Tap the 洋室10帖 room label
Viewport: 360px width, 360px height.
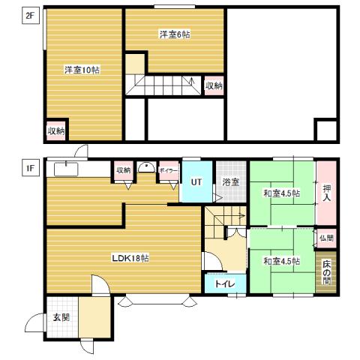[82, 70]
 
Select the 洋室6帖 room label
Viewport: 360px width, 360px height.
[174, 34]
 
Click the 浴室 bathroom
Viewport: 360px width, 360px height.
[230, 181]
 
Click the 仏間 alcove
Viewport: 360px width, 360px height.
[326, 238]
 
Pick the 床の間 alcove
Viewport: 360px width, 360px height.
[326, 271]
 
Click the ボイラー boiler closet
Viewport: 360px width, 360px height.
[168, 170]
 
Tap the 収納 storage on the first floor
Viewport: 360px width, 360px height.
[123, 170]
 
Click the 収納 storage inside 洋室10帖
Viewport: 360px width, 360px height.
[56, 130]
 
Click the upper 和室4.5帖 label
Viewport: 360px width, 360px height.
[281, 193]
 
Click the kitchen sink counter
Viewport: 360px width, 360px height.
[67, 169]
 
